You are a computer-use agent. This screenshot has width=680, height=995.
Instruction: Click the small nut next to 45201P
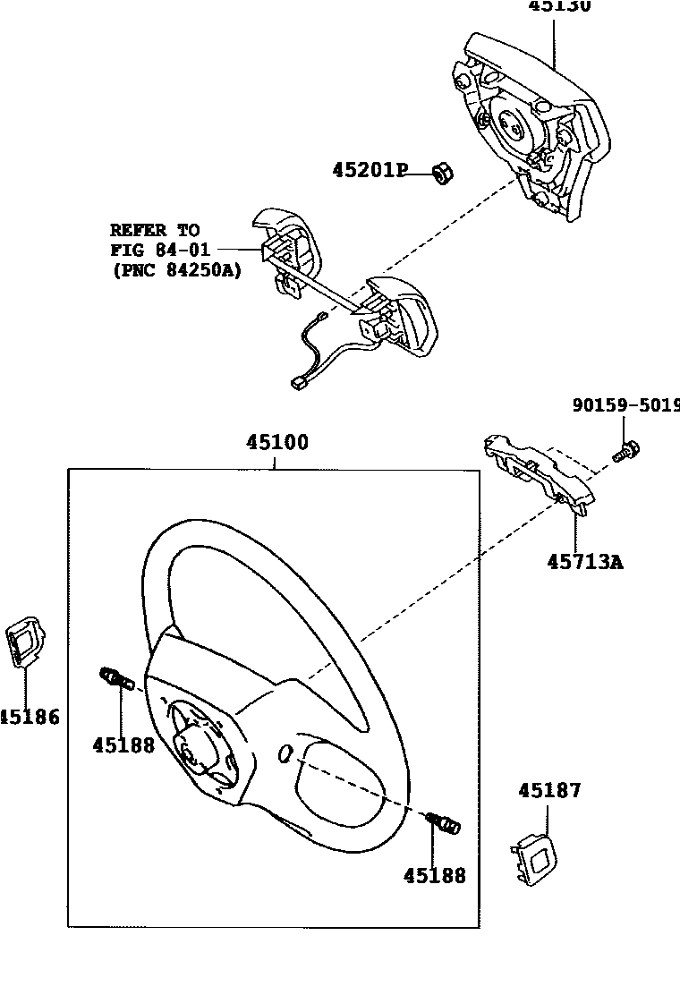[x=440, y=173]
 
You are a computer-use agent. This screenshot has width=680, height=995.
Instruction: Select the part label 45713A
[x=585, y=562]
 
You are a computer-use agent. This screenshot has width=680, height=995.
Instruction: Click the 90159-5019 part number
[x=625, y=404]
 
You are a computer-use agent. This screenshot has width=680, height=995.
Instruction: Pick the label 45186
[x=29, y=717]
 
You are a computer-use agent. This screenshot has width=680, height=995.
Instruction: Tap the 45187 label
[x=549, y=791]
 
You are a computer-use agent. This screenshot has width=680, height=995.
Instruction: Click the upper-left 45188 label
[x=123, y=744]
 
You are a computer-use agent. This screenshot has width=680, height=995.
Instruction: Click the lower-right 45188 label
[x=435, y=876]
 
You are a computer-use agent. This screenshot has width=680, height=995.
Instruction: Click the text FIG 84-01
[x=159, y=250]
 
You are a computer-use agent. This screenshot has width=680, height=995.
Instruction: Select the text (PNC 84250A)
[x=176, y=270]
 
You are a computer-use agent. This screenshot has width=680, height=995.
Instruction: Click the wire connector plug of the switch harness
[x=299, y=384]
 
